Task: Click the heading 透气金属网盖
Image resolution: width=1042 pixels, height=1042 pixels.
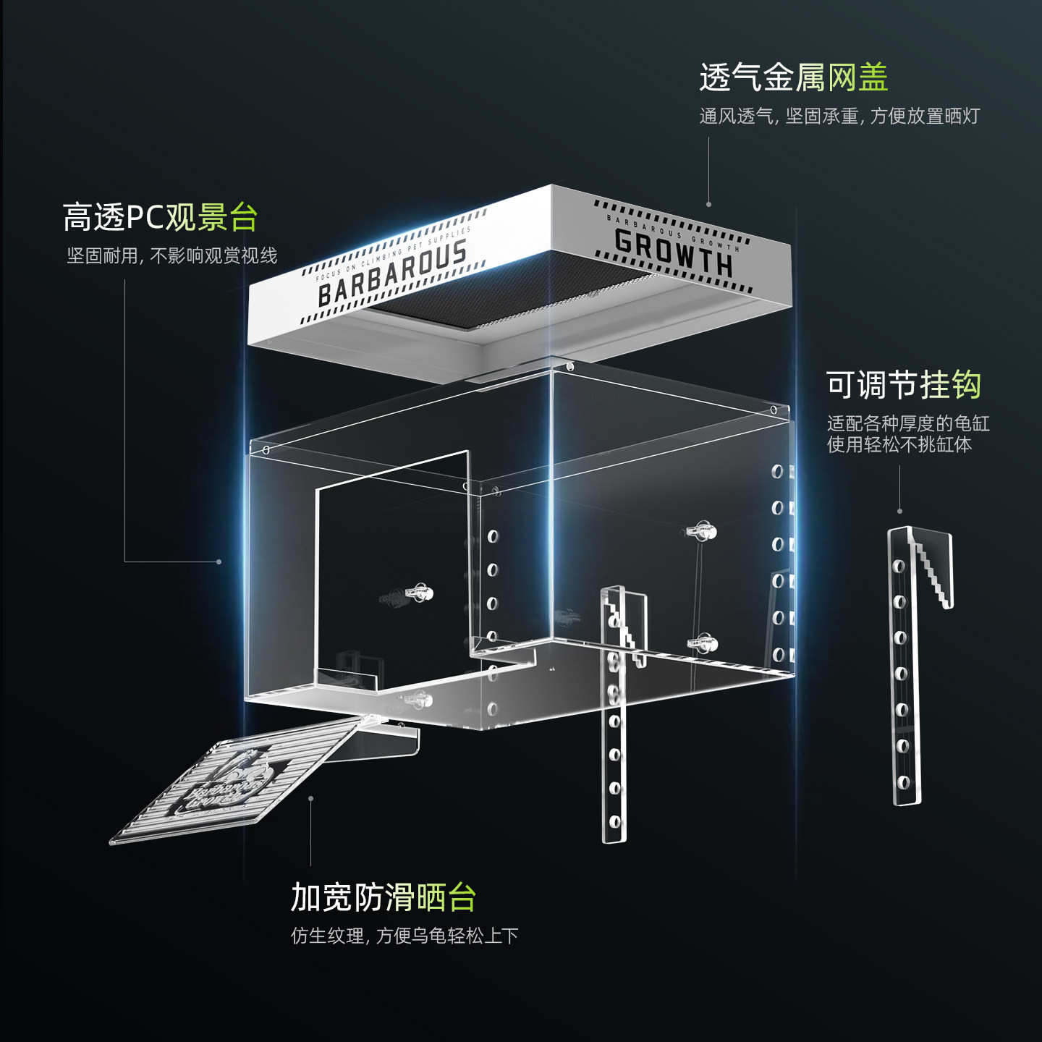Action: point(793,77)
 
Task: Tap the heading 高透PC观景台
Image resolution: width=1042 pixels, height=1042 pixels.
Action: point(160,217)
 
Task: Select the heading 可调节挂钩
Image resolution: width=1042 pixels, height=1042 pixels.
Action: point(903,385)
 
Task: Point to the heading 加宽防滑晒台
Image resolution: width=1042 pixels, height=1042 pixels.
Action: point(383,897)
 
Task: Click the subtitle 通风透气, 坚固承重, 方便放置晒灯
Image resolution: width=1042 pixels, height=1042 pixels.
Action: point(839,117)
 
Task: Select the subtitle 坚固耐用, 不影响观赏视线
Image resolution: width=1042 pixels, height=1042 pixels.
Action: point(171,256)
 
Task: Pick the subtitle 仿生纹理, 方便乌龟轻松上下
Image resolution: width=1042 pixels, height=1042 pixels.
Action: point(404,936)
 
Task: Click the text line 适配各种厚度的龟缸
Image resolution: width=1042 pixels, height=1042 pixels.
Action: point(907,423)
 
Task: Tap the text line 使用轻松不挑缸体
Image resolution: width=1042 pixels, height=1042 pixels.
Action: point(899,444)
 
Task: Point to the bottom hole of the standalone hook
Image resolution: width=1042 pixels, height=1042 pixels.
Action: point(903,782)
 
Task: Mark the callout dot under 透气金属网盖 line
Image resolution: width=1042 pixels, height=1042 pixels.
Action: point(708,204)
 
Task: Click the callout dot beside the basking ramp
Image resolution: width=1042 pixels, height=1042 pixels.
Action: point(310,799)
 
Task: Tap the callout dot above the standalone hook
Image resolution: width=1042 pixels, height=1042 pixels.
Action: point(899,511)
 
